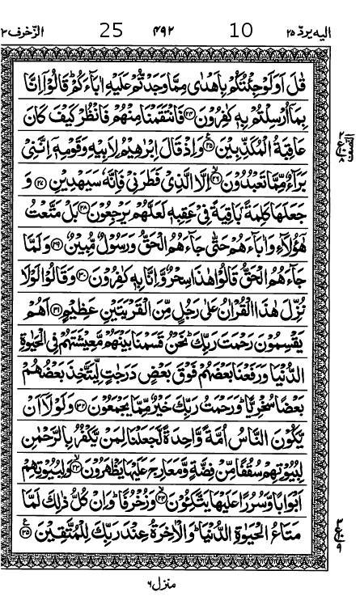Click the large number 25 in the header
tap(112, 31)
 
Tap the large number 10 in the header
tap(240, 31)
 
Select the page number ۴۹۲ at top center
tap(173, 32)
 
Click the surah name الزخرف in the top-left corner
tap(28, 32)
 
